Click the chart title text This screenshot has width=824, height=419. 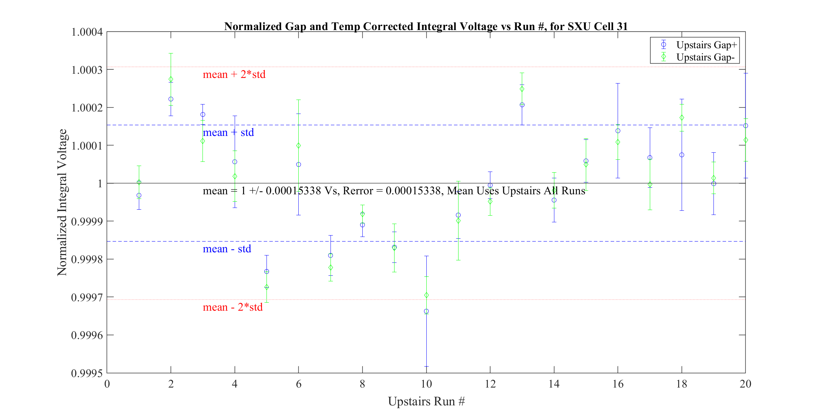tap(426, 27)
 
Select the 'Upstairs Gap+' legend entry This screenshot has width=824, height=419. tap(706, 45)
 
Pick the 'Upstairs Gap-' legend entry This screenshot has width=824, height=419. tap(705, 57)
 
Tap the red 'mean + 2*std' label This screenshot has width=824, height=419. tap(234, 74)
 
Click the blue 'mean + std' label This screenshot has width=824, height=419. tap(228, 133)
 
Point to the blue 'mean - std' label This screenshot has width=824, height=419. tap(227, 249)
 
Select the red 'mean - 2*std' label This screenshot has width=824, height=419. tap(233, 308)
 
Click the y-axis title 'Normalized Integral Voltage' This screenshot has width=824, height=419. tap(62, 202)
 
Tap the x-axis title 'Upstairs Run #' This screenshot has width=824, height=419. tap(426, 402)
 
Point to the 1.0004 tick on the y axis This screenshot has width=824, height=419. tap(87, 32)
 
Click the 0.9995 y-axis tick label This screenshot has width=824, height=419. tap(87, 374)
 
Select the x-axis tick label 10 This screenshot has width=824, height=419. tap(426, 384)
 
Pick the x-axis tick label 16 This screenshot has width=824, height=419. tap(618, 384)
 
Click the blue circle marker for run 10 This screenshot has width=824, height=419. tap(426, 311)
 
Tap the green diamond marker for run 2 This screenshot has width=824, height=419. tap(171, 79)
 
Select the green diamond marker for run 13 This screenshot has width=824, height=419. tap(522, 89)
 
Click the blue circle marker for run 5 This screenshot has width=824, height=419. tap(267, 272)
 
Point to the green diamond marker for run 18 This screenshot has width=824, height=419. tap(682, 118)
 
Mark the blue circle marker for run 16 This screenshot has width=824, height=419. tap(618, 131)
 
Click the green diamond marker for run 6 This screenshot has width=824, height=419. tap(298, 146)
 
